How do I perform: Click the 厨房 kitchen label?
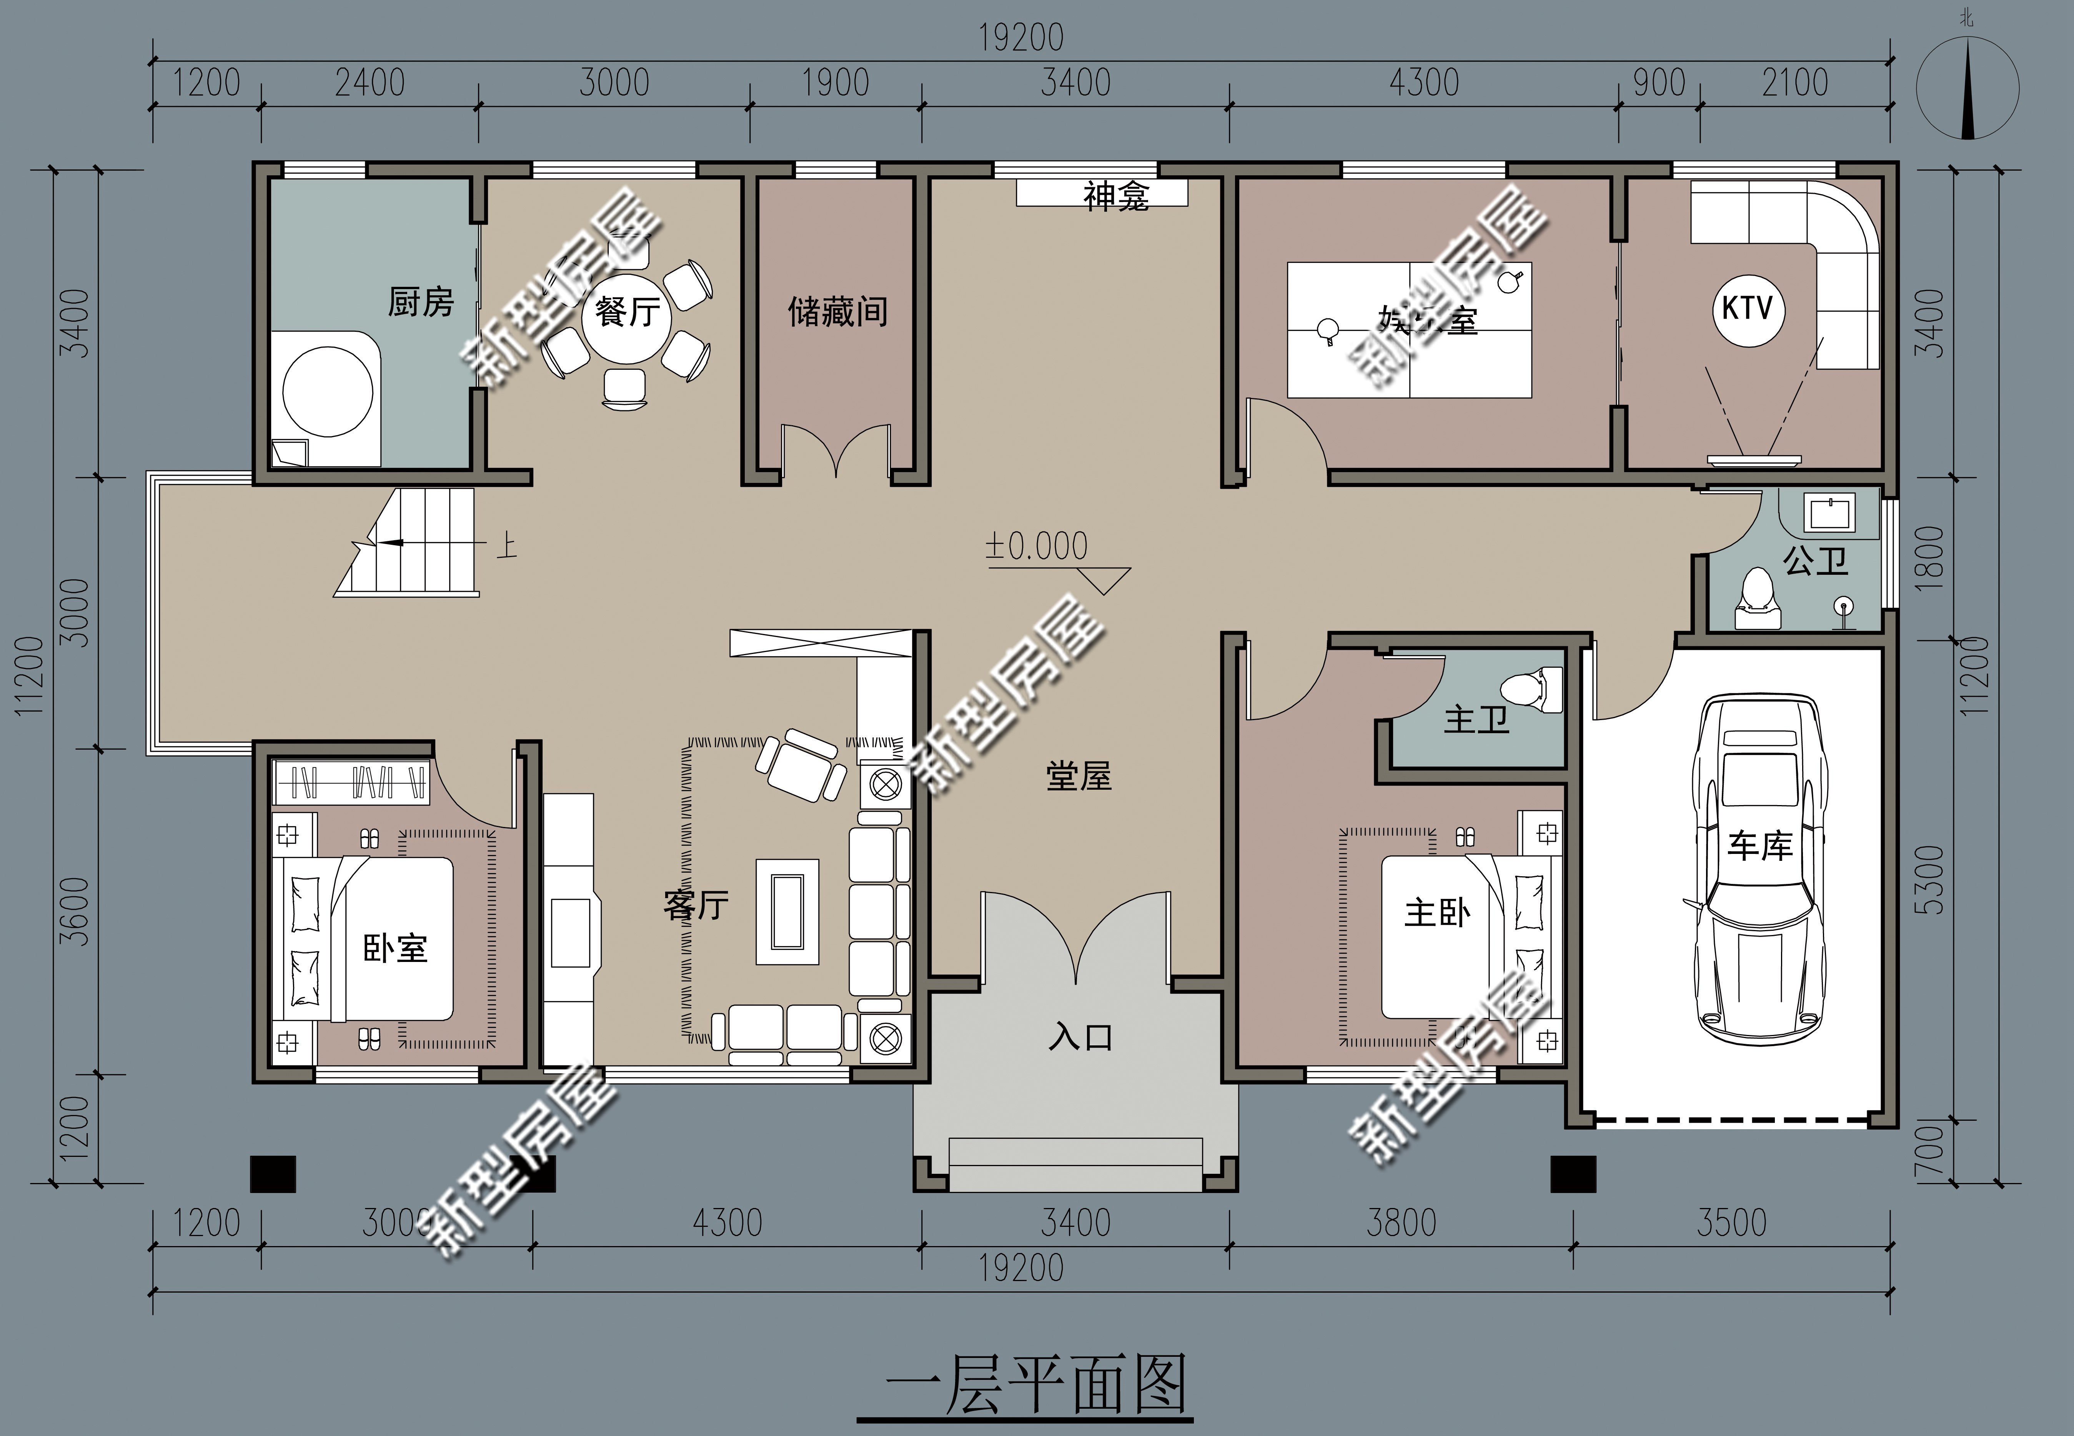[420, 302]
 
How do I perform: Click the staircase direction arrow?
[387, 542]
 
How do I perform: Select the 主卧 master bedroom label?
[1437, 913]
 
